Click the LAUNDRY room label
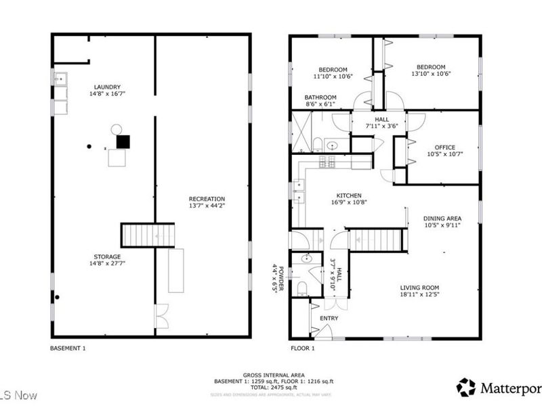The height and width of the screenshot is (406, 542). coord(108,87)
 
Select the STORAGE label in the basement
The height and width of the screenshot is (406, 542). coord(108,256)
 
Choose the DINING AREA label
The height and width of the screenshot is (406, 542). coord(442,218)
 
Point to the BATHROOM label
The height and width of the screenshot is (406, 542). coord(320,97)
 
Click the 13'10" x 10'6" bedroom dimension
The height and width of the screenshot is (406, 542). coord(431,74)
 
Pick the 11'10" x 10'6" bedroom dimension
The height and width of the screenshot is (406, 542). coord(333,76)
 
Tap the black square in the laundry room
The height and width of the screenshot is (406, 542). coord(123,141)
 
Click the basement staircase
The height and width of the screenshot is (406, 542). coord(148,235)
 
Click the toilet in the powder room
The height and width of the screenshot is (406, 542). coord(303,290)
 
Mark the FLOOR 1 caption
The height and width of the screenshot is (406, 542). coord(302,348)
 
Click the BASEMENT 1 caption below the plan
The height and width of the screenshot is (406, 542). coord(68,348)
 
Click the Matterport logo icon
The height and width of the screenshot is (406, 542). coord(467,388)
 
